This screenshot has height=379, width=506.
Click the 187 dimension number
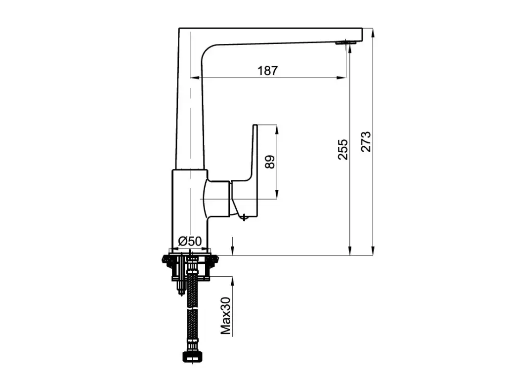(267, 71)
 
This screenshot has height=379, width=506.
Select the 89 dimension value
(270, 162)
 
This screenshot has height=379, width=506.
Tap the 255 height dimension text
(343, 149)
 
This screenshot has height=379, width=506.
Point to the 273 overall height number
(366, 141)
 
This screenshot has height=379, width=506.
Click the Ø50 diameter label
(190, 241)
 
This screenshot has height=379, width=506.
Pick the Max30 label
(225, 316)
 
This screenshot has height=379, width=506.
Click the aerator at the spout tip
(346, 42)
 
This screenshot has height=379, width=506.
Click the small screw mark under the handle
(244, 217)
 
